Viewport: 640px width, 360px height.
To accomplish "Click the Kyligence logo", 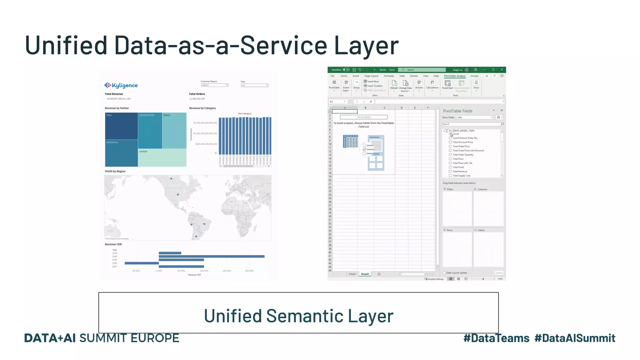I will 121,85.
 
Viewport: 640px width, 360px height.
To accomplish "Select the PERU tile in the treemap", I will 121,126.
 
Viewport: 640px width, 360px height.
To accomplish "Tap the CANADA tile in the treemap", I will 162,157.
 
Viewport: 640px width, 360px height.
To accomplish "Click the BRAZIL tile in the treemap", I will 174,131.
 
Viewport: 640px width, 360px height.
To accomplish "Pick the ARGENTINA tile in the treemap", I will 121,153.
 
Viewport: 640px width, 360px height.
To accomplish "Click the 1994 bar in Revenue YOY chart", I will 211,257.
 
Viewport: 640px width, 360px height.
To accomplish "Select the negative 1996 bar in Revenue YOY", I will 142,263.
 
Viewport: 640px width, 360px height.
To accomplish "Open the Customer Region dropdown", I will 215,85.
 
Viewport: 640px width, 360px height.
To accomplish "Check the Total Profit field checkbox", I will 450,167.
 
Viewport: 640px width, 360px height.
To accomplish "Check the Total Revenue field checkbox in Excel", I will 450,172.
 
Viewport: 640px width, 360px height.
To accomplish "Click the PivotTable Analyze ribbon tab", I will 455,76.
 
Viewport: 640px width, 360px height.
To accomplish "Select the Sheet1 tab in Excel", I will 352,274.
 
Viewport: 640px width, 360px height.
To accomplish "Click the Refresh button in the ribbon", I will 394,84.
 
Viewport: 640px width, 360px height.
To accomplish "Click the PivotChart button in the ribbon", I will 447,84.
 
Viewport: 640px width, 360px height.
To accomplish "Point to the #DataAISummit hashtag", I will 575,338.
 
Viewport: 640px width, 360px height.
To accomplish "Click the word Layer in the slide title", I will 366,45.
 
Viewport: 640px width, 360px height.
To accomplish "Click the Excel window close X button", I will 502,70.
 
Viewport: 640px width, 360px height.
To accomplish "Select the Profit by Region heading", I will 115,171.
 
